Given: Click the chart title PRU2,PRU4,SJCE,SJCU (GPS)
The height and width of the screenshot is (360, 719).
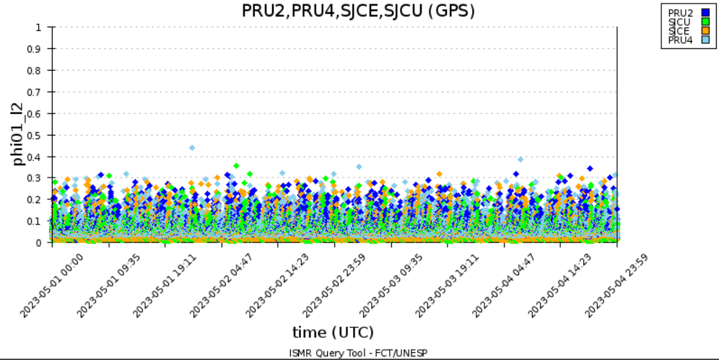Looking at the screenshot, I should click(x=358, y=11).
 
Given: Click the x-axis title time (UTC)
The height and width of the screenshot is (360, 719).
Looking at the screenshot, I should click(x=333, y=333).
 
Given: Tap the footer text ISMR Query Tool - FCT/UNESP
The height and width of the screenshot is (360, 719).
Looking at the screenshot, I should click(x=358, y=353).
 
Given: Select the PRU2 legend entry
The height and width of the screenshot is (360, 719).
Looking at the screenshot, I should click(x=680, y=13).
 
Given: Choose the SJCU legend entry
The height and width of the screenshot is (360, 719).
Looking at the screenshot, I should click(x=680, y=22).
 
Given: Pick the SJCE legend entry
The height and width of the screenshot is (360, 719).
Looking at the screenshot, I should click(x=680, y=30).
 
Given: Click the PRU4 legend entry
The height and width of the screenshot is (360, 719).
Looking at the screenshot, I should click(x=680, y=40).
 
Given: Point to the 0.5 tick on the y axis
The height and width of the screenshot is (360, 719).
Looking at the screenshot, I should click(x=40, y=135).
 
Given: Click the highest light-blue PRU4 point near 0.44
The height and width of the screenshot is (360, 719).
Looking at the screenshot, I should click(x=192, y=148).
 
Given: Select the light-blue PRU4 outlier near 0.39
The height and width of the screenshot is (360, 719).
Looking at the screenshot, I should click(x=520, y=159).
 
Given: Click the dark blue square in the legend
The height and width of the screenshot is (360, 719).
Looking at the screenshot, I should click(x=706, y=13).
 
